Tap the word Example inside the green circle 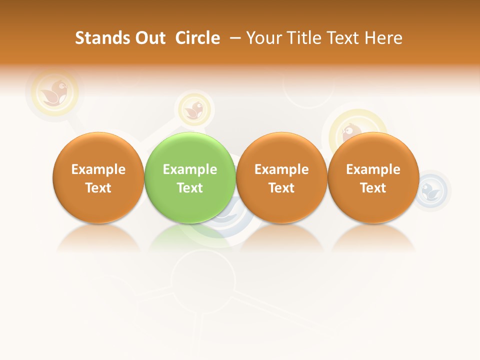pos(190,169)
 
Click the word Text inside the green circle pos(190,188)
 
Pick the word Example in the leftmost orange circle pos(98,169)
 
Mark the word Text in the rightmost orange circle pos(373,188)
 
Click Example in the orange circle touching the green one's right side pos(281,169)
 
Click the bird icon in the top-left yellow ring pos(54,92)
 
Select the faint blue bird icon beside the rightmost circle pos(429,189)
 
